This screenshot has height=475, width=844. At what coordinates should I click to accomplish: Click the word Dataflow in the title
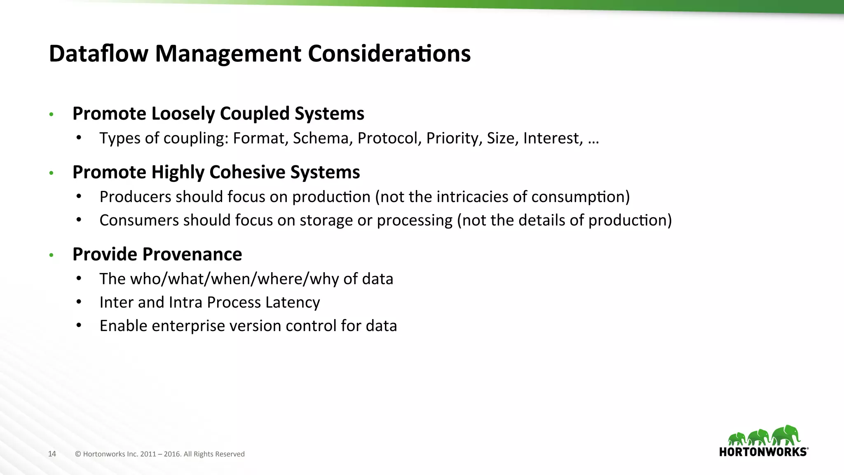pyautogui.click(x=98, y=54)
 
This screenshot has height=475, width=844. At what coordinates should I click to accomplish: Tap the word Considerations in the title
pyautogui.click(x=389, y=54)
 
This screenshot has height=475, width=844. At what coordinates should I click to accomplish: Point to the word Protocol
pyautogui.click(x=389, y=138)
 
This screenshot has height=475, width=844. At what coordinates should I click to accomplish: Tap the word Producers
pyautogui.click(x=135, y=197)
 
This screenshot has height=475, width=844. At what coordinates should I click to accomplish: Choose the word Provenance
pyautogui.click(x=192, y=254)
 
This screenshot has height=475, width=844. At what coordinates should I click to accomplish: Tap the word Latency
pyautogui.click(x=293, y=302)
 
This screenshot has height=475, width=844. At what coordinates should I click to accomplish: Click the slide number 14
pyautogui.click(x=52, y=454)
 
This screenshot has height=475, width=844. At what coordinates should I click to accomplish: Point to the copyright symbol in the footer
pyautogui.click(x=78, y=454)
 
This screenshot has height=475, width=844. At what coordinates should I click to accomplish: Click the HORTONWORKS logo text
pyautogui.click(x=763, y=452)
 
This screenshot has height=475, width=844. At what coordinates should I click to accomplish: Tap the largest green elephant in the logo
pyautogui.click(x=786, y=435)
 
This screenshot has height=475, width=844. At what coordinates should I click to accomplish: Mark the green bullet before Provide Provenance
pyautogui.click(x=52, y=255)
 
